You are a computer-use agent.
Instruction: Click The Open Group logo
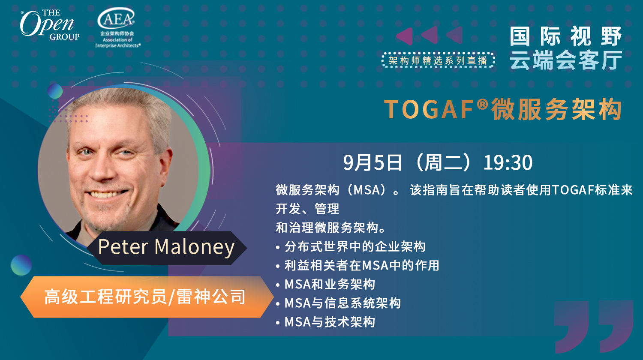pos(49,25)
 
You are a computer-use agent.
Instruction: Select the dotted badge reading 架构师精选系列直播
pos(439,60)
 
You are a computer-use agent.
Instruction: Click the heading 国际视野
pos(565,36)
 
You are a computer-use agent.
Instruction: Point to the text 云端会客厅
pos(565,60)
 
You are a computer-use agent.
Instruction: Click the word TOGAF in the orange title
pos(429,109)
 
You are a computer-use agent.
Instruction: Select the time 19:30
pos(508,163)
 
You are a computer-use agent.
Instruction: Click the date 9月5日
pos(373,163)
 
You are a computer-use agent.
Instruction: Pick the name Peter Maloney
pos(166,247)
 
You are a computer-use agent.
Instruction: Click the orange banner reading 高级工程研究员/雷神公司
pos(147,297)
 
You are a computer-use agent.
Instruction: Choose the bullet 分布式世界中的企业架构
pos(351,246)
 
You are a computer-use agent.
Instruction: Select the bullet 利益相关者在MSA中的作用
pos(358,265)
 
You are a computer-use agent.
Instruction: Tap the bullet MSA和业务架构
pos(325,284)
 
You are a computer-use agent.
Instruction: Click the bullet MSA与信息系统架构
pos(338,303)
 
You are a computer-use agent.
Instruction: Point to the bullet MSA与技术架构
pos(325,322)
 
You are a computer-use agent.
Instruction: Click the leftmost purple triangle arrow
pos(405,36)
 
